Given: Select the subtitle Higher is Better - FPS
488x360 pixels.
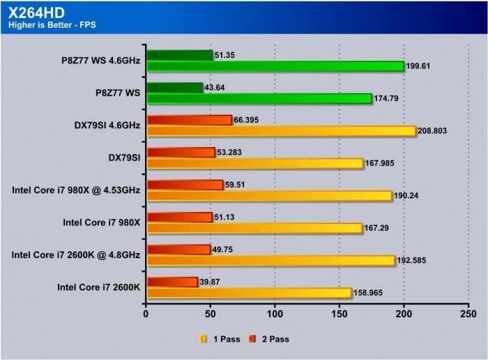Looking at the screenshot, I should (x=52, y=27).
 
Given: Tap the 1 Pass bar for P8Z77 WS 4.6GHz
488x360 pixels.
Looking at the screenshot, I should (x=275, y=66).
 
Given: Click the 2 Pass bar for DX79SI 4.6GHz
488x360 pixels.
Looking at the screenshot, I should (x=189, y=120).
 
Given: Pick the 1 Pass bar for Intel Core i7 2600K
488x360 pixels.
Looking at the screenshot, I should (x=250, y=293).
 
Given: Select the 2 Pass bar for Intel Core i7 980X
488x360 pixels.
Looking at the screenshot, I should (x=179, y=218).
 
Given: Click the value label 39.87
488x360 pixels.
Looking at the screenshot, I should (x=211, y=281).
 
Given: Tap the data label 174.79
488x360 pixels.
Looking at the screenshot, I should (x=389, y=98).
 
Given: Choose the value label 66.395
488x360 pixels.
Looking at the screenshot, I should (x=247, y=120).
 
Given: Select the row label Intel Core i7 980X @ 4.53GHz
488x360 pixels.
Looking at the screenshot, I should (x=76, y=190).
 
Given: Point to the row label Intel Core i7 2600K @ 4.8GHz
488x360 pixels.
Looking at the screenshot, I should (x=76, y=255).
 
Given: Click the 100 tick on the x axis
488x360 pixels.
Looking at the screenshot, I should (x=275, y=314).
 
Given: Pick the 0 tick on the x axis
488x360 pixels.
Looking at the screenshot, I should (x=146, y=314).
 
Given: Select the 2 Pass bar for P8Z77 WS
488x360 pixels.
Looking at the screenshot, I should (x=174, y=88).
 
